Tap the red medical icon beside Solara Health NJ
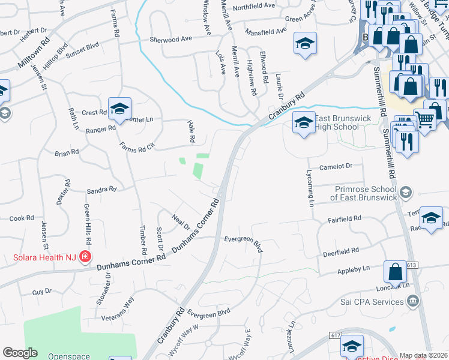[x=85, y=257]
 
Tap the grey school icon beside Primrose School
[x=406, y=192]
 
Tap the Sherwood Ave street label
[x=170, y=39]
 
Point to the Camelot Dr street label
[x=335, y=166]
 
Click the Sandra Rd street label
[x=101, y=190]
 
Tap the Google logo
[x=20, y=353]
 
